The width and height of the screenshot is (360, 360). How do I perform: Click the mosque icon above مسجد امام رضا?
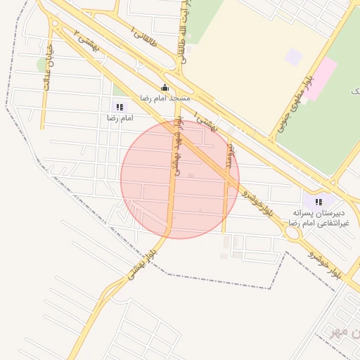[165, 87]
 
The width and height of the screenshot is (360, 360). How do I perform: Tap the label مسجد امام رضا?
[165, 98]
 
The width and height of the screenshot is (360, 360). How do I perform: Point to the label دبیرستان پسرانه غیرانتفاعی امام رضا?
[322, 217]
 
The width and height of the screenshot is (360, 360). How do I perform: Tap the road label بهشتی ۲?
[88, 44]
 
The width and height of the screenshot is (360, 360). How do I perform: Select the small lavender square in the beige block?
[294, 57]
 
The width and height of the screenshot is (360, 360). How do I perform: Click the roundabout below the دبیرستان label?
[292, 232]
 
